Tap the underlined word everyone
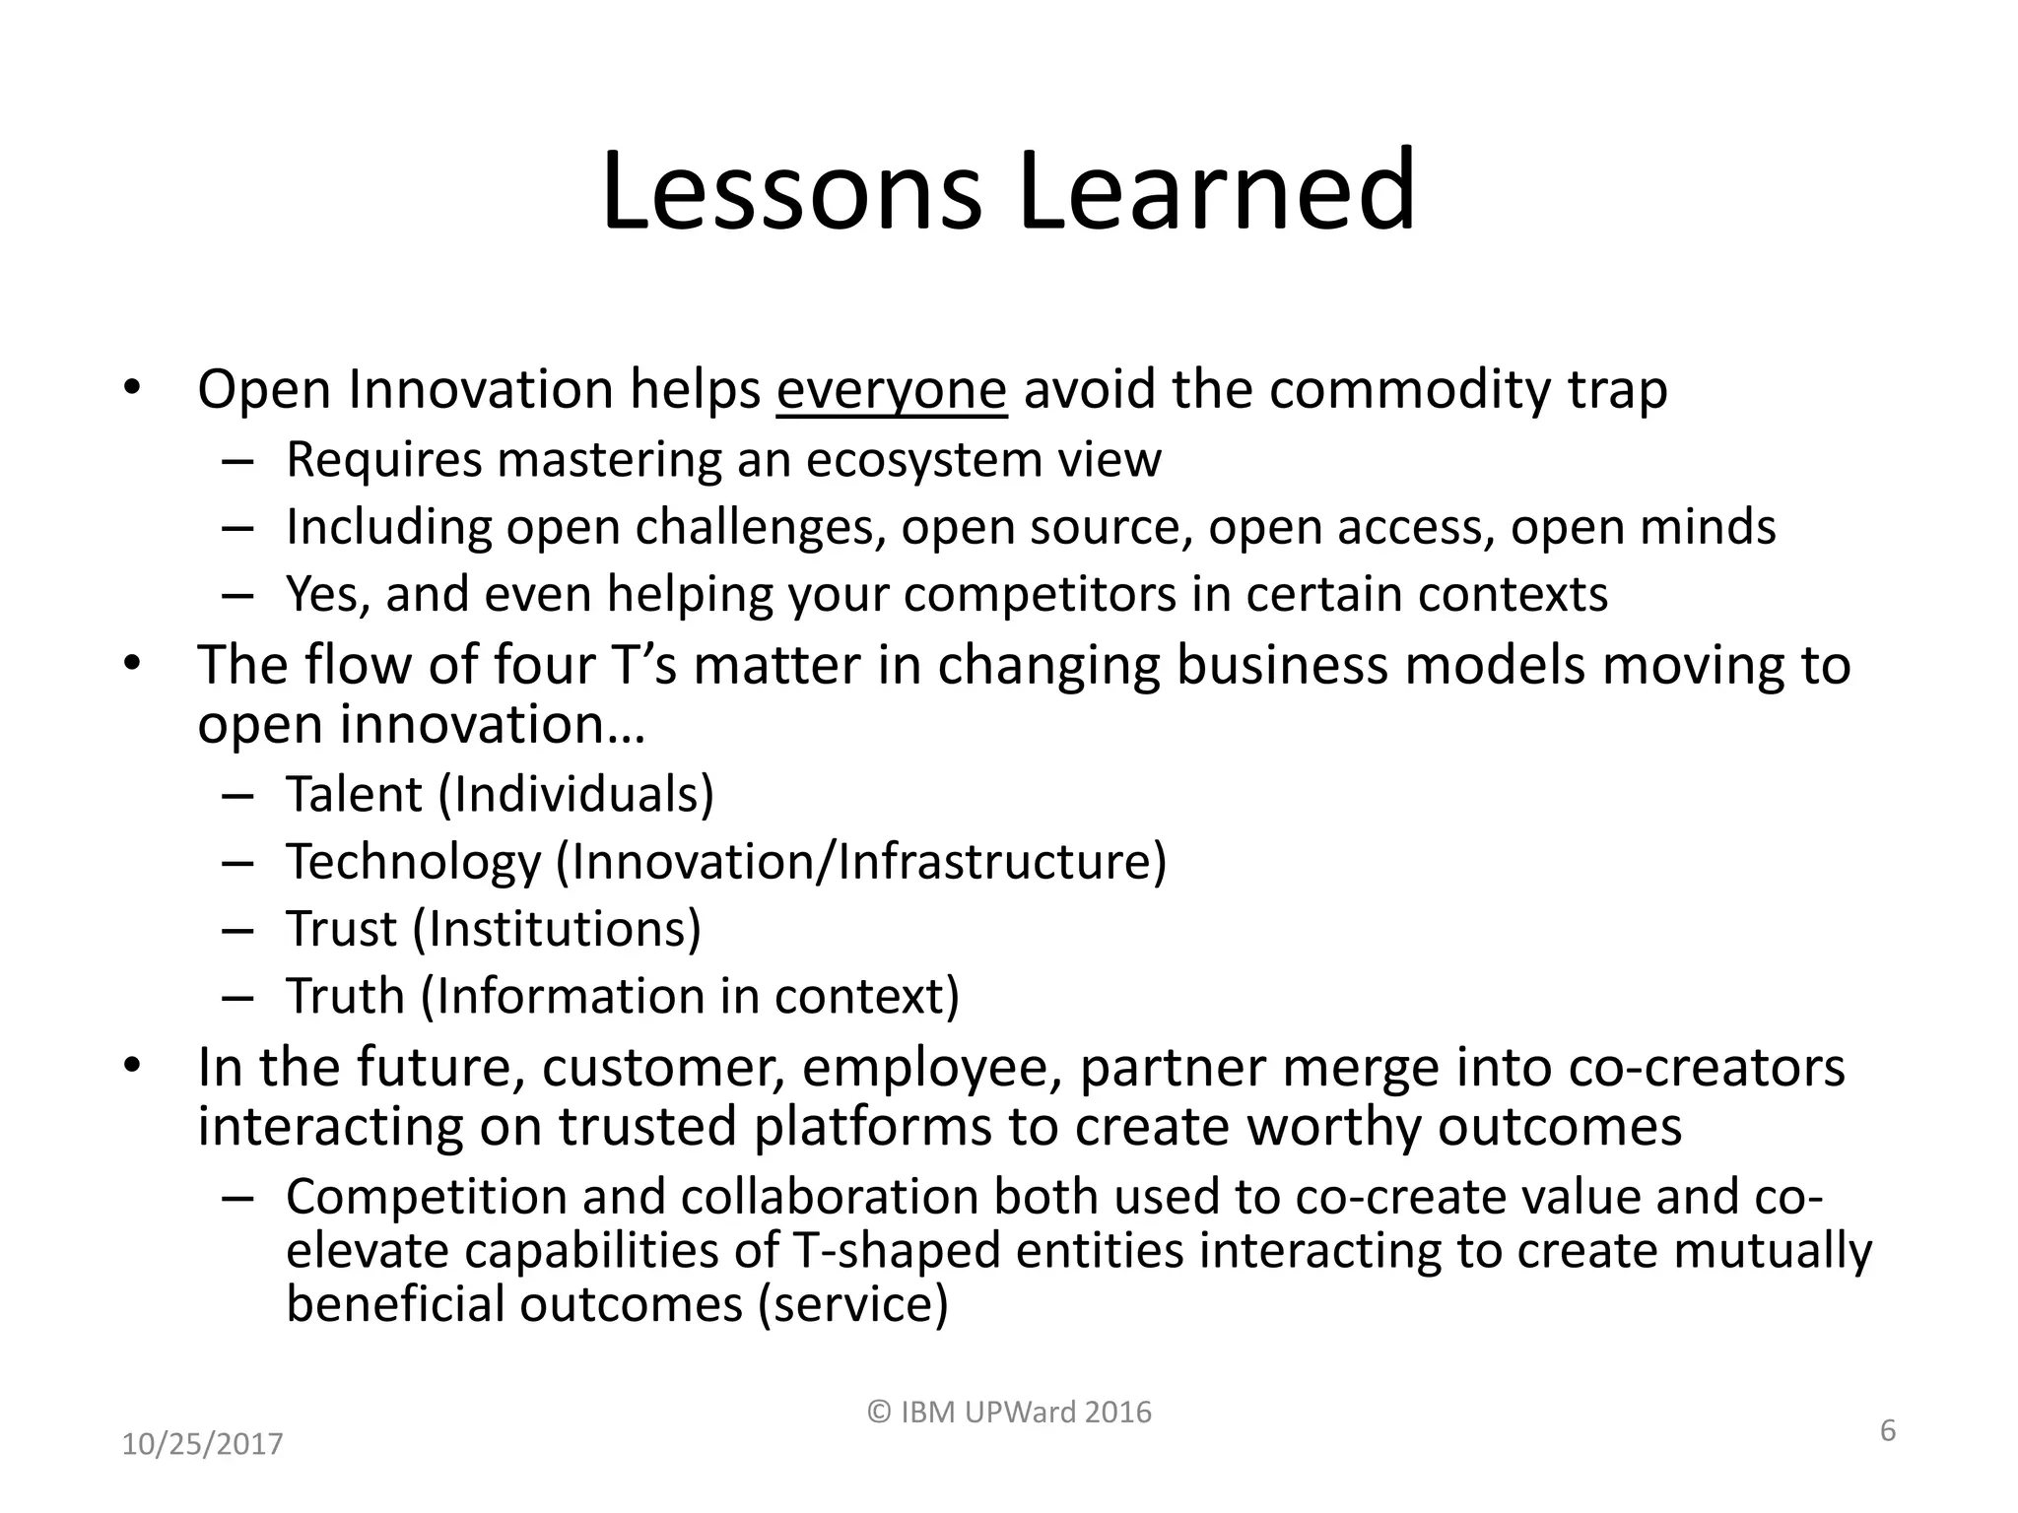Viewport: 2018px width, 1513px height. [891, 390]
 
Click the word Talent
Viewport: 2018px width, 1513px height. [354, 794]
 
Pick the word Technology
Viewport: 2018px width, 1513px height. [414, 862]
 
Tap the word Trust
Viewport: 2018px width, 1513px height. [341, 929]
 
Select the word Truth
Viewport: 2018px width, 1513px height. [345, 996]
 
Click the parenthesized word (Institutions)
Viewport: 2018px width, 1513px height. [557, 929]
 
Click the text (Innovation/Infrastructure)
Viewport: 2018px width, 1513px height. [861, 862]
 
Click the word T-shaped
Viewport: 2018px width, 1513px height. [896, 1251]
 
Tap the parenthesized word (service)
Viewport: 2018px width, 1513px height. [852, 1304]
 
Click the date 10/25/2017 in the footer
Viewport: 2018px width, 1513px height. [202, 1445]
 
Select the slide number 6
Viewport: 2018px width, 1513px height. [1887, 1430]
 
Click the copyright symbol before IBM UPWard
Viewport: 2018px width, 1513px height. [878, 1413]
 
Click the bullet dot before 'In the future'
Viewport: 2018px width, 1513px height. [133, 1068]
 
